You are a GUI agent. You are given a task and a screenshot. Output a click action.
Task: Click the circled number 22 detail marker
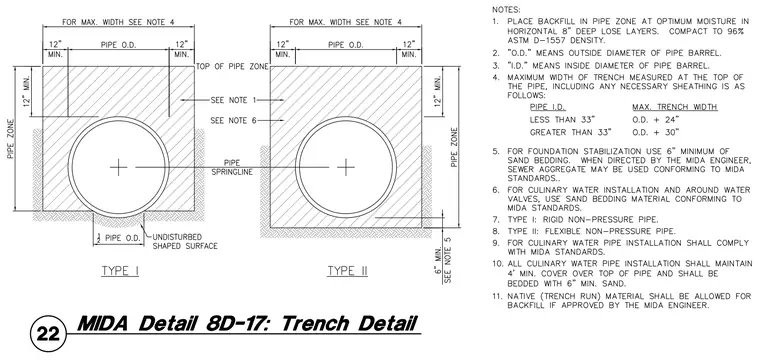[x=48, y=334]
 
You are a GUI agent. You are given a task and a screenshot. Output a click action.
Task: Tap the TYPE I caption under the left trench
[x=120, y=271]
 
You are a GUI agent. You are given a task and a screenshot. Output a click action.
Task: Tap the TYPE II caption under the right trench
[x=348, y=271]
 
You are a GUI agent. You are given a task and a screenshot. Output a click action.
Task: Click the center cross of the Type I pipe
[x=118, y=167]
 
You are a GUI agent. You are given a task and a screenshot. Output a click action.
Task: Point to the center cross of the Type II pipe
[x=346, y=167]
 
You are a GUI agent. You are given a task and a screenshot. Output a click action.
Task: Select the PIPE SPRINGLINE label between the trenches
[x=232, y=167]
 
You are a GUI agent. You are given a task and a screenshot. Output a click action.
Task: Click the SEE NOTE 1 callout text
[x=233, y=100]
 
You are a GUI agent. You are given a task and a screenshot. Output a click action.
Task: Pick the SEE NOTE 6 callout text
[x=233, y=120]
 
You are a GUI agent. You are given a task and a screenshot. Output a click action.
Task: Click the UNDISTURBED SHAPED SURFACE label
[x=185, y=241]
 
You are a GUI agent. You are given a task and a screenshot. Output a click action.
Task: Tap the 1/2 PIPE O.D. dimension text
[x=118, y=238]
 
